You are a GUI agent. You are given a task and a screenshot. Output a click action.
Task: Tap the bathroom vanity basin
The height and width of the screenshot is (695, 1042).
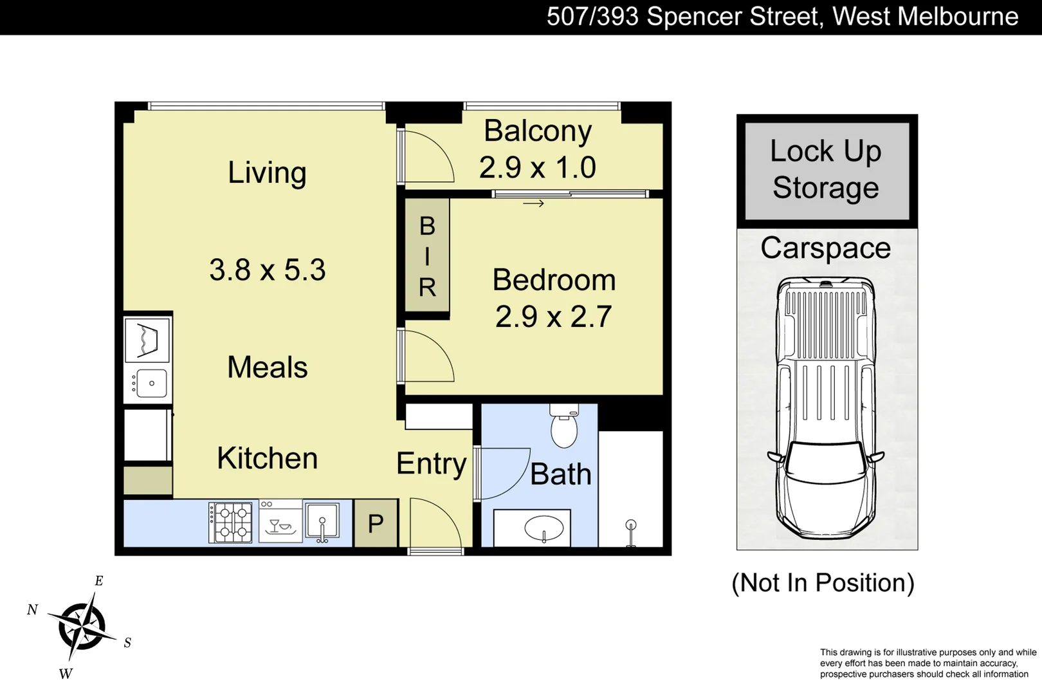pos(544,529)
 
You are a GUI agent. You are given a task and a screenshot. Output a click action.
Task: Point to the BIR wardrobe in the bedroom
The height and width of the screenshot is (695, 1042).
pos(427,256)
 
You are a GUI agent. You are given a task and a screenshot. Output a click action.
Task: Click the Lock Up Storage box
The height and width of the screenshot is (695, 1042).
pos(827,171)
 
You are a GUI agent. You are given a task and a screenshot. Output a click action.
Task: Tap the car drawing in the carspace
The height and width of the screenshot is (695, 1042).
pos(826,408)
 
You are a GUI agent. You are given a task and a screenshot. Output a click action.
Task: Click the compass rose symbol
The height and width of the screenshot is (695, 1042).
pos(82,626)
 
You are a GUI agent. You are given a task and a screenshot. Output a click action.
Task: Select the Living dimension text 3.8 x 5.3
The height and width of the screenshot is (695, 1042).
pos(268,270)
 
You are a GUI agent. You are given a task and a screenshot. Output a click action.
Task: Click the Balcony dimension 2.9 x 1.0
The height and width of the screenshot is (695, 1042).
pos(538,168)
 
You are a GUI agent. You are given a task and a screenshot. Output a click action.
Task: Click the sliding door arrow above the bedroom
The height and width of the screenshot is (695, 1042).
pos(533,204)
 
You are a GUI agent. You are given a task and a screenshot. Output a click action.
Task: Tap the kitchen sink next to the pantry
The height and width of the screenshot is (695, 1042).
pos(322,522)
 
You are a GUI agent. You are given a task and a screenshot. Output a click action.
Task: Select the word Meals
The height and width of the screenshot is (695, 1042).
pos(268,367)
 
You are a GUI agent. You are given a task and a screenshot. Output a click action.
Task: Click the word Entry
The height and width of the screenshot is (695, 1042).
pos(431,463)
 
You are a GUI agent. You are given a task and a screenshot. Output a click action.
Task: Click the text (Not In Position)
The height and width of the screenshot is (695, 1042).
pos(823,583)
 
